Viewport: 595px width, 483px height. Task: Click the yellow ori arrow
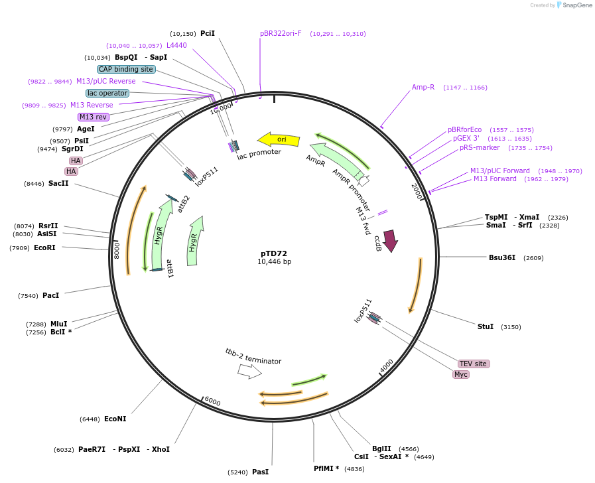pyautogui.click(x=279, y=139)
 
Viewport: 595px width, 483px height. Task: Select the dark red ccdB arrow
pyautogui.click(x=390, y=240)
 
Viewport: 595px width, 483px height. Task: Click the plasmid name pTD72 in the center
pyautogui.click(x=274, y=253)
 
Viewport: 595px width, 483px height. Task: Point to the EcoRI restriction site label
pyautogui.click(x=44, y=247)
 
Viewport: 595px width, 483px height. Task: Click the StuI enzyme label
pyautogui.click(x=486, y=326)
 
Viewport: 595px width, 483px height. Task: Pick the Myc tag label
pyautogui.click(x=461, y=374)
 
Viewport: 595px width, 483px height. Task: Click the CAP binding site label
pyautogui.click(x=126, y=69)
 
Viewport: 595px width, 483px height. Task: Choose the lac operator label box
pyautogui.click(x=107, y=93)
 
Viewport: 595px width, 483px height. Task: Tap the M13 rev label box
pyautogui.click(x=93, y=117)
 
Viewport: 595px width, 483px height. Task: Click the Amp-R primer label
pyautogui.click(x=423, y=87)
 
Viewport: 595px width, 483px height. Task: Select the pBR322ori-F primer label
pyautogui.click(x=281, y=33)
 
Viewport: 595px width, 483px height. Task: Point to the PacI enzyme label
pyautogui.click(x=50, y=295)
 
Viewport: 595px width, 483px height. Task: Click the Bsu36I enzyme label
pyautogui.click(x=502, y=257)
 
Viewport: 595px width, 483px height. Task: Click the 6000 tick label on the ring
pyautogui.click(x=212, y=401)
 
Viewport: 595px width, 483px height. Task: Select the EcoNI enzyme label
pyautogui.click(x=115, y=419)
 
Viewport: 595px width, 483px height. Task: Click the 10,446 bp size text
pyautogui.click(x=274, y=262)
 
